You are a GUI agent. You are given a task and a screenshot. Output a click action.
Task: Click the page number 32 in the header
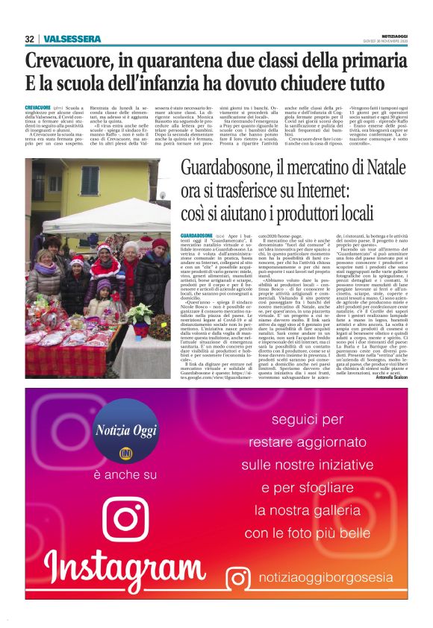(x=29, y=39)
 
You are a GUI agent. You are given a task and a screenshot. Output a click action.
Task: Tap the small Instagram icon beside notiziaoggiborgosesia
(x=239, y=579)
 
